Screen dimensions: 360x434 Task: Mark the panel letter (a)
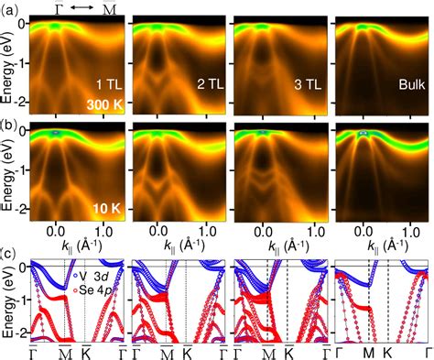pos(10,8)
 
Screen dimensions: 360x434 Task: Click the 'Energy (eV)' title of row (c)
pos(8,299)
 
